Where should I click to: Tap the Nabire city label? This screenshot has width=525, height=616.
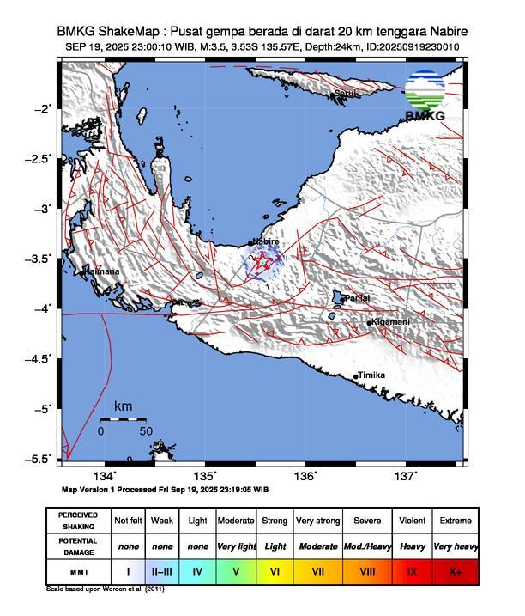267,242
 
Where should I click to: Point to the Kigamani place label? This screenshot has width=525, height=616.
390,322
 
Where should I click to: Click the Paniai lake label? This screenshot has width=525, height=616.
358,298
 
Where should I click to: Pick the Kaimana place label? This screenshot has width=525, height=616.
101,272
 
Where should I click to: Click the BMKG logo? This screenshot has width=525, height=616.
425,97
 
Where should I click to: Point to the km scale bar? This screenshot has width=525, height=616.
123,419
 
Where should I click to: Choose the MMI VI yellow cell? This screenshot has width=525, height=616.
275,570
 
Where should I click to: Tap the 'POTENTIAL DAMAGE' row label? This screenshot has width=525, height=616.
78,546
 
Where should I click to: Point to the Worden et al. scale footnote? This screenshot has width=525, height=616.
105,589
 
